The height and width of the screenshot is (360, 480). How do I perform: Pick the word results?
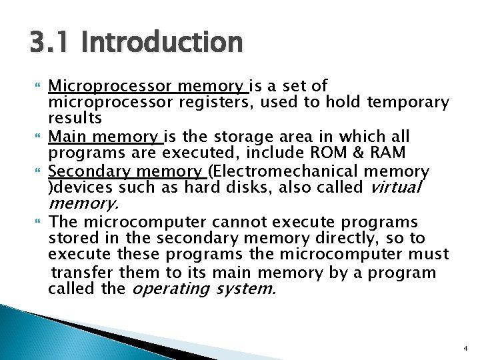click(x=75, y=118)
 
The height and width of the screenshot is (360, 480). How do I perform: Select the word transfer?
click(x=84, y=273)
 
